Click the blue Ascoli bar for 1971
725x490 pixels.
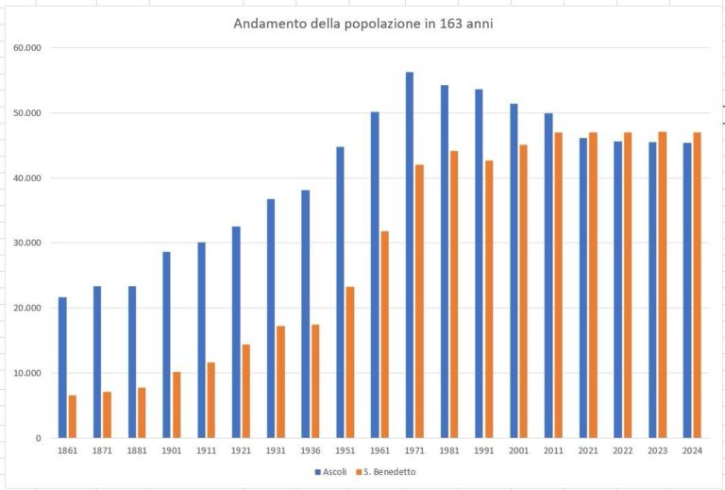click(410, 255)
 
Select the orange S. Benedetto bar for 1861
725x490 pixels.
click(73, 416)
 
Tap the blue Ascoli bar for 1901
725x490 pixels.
click(166, 345)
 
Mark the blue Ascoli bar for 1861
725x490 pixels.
click(62, 367)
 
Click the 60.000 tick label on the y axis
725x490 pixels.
click(29, 47)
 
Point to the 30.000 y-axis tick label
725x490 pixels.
click(29, 243)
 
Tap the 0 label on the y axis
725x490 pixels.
click(39, 438)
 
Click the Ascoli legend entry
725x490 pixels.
click(327, 471)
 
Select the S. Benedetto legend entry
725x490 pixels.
click(387, 471)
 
